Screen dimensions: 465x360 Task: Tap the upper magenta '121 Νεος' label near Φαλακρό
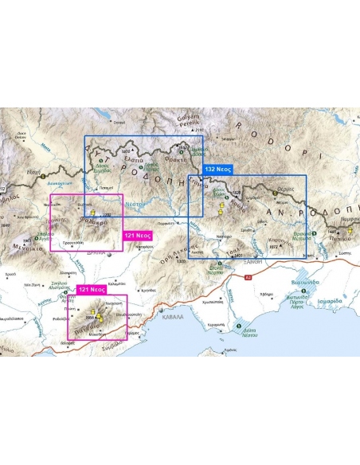138,236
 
